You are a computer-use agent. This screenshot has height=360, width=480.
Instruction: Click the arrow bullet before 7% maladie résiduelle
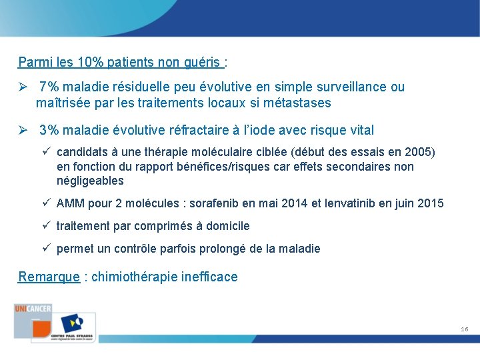[23, 87]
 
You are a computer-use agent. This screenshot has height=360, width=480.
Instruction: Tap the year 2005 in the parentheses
[418, 152]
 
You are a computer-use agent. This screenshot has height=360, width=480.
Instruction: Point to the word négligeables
[90, 181]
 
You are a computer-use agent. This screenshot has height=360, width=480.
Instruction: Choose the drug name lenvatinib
[351, 203]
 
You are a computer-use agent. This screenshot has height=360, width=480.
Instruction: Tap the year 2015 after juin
[430, 203]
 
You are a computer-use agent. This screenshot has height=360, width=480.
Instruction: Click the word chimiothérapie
[135, 277]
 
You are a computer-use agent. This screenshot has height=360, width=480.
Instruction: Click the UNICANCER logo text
[33, 308]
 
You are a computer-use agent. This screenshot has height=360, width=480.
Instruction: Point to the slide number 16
[464, 329]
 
